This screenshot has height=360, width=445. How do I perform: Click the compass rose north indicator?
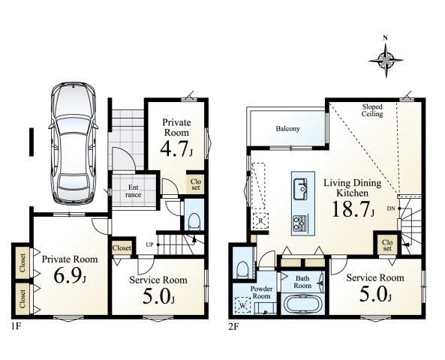tap(386, 59)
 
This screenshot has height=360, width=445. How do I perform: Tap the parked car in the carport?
tap(74, 143)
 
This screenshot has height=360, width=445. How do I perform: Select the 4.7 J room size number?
tap(176, 149)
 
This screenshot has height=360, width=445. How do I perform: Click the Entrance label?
tap(134, 191)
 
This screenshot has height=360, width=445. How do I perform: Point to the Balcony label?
tap(287, 129)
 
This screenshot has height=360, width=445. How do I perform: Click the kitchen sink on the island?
tap(300, 189)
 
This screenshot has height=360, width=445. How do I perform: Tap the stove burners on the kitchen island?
tap(299, 223)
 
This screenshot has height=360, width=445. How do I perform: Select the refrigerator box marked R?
tap(260, 220)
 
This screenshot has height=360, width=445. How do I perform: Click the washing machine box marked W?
tap(242, 305)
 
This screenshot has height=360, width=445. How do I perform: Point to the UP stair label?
tap(150, 244)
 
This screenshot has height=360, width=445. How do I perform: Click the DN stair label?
tap(391, 208)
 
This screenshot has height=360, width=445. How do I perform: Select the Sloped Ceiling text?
tap(372, 110)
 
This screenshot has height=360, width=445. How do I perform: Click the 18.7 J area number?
tap(353, 208)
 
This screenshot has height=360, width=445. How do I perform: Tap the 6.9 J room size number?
tap(70, 275)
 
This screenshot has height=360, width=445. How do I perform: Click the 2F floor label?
tap(234, 327)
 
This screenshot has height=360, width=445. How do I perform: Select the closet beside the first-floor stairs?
tap(122, 248)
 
